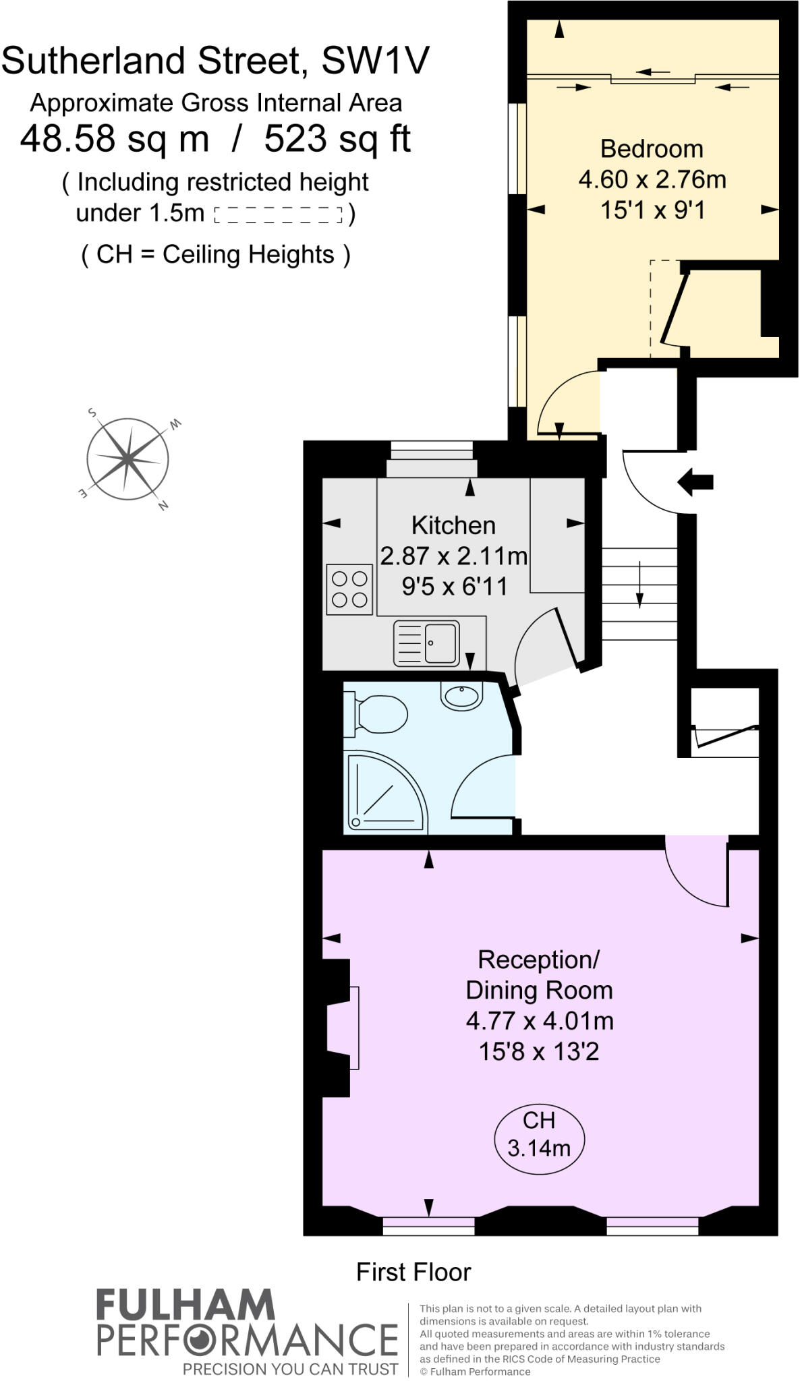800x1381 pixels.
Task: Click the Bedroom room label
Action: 652,148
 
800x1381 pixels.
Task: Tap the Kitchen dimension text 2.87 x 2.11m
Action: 453,556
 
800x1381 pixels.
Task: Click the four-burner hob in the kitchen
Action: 349,589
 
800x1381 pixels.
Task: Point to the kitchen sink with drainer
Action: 426,643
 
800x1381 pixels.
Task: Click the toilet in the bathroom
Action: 376,715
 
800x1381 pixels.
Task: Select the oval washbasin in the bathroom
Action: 462,695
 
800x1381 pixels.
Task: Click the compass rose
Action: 127,459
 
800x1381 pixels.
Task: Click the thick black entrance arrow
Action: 695,481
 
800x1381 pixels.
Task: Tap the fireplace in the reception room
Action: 343,1028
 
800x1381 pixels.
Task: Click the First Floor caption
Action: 413,1272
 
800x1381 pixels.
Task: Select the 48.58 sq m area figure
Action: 115,140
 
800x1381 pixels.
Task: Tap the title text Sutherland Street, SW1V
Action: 215,61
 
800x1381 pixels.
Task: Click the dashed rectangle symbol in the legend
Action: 279,215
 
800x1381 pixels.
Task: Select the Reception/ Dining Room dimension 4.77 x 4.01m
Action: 539,1020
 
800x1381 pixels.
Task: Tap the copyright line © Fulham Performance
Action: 474,1372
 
